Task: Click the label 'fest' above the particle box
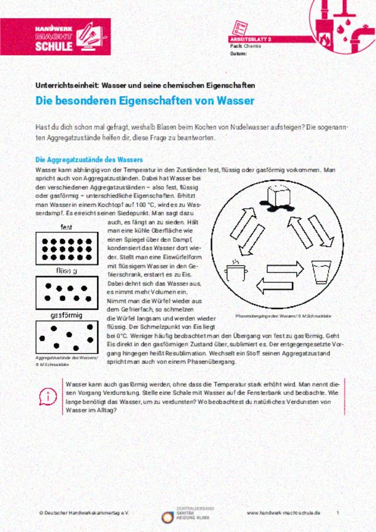(66, 227)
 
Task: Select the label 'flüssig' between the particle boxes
(66, 271)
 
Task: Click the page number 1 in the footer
(337, 513)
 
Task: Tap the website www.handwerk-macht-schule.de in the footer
(283, 513)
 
